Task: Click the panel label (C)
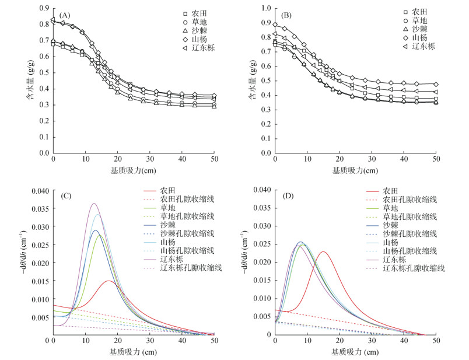tap(65, 196)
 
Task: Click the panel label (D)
tap(286, 196)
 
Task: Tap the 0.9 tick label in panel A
tap(43, 9)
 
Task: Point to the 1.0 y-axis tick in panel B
tap(264, 9)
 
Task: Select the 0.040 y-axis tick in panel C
tap(38, 190)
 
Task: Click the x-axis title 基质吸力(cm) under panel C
tap(134, 352)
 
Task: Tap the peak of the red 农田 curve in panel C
tap(109, 281)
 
